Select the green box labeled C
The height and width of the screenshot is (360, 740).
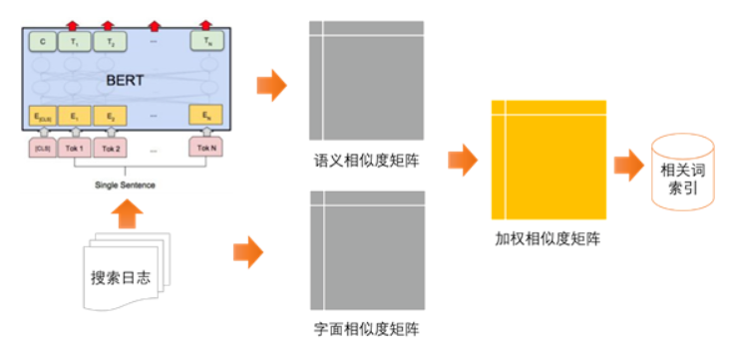click(x=42, y=43)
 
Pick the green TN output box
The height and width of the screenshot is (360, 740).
click(x=206, y=43)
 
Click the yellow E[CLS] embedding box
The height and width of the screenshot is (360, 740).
click(x=42, y=116)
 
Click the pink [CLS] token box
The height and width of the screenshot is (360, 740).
click(x=42, y=149)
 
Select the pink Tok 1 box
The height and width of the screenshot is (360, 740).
click(x=75, y=149)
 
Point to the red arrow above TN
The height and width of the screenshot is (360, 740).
click(x=206, y=24)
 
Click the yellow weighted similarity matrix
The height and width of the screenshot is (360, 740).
click(x=549, y=160)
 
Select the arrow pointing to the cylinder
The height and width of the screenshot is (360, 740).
click(x=628, y=166)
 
